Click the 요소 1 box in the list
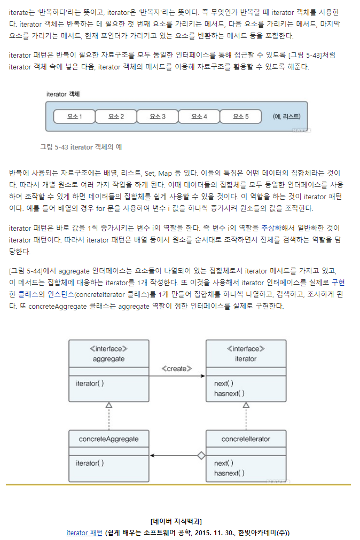coord(74,116)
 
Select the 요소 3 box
coord(157,116)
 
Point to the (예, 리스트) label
coord(286,116)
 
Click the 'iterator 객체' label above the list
coord(63,94)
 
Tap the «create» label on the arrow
coord(177,369)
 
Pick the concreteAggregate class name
coord(108,439)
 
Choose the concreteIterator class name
coord(246,439)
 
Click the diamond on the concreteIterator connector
coord(201,456)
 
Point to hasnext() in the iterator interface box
coord(229,393)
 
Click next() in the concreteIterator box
coord(224,463)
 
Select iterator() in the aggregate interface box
coord(90,384)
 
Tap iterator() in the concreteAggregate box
coord(90,463)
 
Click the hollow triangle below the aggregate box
coord(109,405)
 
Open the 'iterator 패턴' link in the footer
coord(84,533)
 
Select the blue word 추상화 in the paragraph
coord(271,228)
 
